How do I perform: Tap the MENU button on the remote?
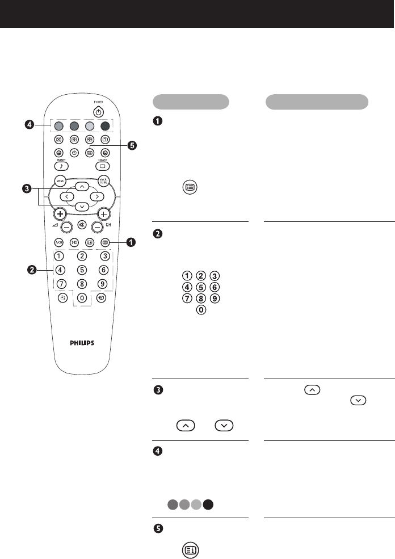[x=60, y=182]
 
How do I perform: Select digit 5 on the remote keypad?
[x=82, y=270]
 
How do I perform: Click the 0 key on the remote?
[x=82, y=297]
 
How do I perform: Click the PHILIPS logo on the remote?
[x=82, y=343]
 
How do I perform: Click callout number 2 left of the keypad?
[x=32, y=270]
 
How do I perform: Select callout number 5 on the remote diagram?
[x=132, y=146]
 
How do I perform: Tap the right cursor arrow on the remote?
[x=98, y=196]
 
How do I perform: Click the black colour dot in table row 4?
[x=209, y=504]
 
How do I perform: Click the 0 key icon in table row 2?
[x=200, y=312]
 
